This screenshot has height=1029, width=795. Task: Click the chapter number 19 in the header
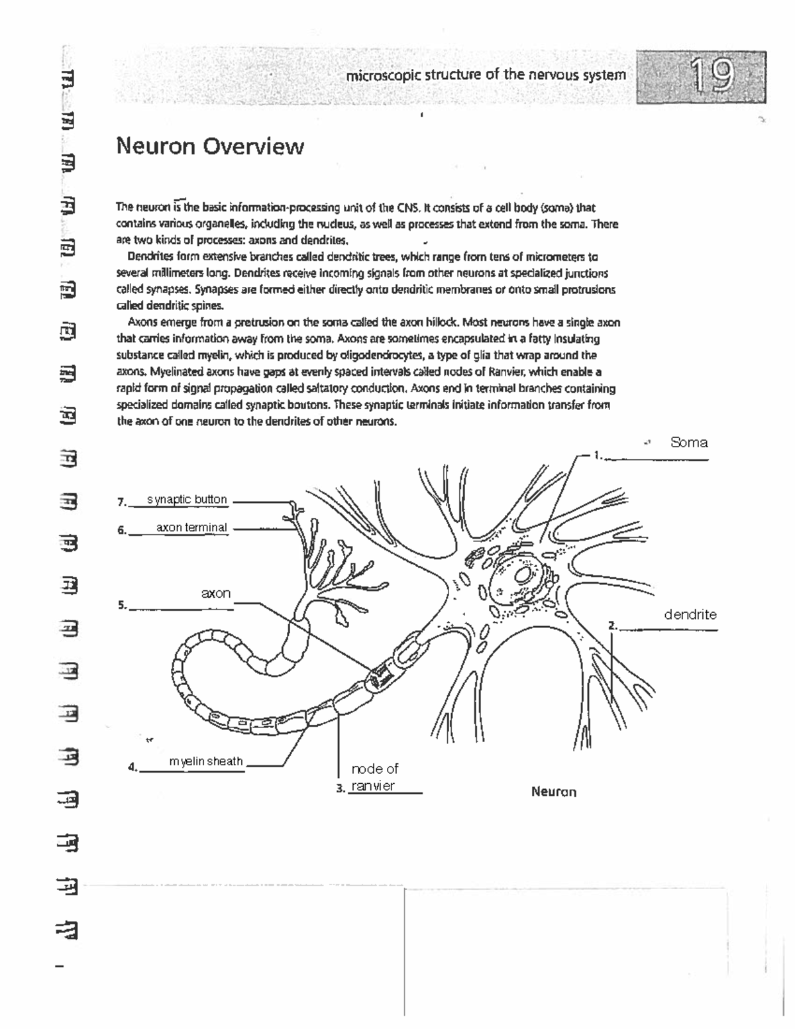[x=712, y=76]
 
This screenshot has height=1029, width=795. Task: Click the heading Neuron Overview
[x=210, y=146]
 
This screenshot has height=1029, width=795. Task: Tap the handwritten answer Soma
[x=688, y=443]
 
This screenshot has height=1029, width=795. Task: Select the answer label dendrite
[x=690, y=615]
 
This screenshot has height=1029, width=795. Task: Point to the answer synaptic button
[x=187, y=500]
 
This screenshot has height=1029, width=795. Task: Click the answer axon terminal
[x=191, y=528]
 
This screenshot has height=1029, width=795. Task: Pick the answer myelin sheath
[x=206, y=761]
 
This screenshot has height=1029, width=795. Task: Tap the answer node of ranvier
[x=374, y=777]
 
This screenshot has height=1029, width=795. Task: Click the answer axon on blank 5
[x=216, y=594]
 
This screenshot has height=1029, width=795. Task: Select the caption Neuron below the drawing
[x=553, y=792]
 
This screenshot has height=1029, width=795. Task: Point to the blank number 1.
[x=598, y=455]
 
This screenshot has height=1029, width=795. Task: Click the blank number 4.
[x=132, y=768]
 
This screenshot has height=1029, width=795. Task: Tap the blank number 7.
[x=121, y=502]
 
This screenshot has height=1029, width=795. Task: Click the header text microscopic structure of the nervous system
[x=485, y=75]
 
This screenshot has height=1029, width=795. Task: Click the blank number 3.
[x=340, y=788]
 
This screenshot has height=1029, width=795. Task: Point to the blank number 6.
[x=121, y=530]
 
